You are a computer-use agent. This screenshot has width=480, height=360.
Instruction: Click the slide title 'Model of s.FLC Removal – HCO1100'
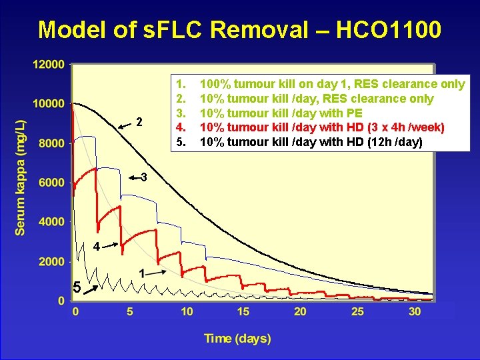click(x=239, y=29)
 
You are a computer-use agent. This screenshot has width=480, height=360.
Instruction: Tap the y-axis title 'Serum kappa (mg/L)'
click(x=21, y=177)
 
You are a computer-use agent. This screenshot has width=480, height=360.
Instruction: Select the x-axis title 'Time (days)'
click(x=237, y=339)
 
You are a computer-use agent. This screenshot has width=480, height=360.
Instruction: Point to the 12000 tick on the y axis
click(x=48, y=65)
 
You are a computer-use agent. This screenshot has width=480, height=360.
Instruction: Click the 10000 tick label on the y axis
click(x=48, y=104)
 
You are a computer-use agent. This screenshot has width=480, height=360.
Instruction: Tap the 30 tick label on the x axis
click(x=413, y=311)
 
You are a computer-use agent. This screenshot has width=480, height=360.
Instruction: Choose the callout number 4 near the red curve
click(x=97, y=247)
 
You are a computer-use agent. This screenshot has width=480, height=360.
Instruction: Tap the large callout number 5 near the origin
click(x=77, y=288)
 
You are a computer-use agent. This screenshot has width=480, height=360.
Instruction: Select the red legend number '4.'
click(x=180, y=127)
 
